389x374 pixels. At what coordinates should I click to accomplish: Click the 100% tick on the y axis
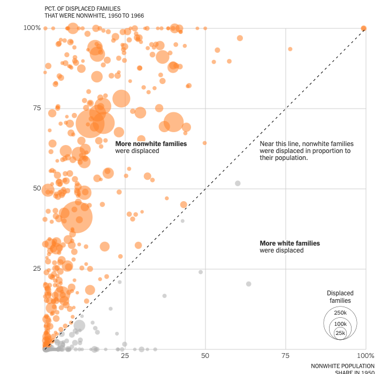point(32,28)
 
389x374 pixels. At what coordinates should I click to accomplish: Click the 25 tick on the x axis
point(125,356)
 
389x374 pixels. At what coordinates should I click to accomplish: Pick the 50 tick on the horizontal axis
point(205,356)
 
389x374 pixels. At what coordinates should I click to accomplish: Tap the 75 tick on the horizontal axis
point(285,356)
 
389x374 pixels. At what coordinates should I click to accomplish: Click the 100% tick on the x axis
point(365,356)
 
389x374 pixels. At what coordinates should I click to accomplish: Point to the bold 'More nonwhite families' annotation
point(151,144)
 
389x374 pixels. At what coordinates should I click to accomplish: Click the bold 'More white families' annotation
point(289,243)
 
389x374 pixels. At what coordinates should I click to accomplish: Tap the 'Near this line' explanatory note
point(306,151)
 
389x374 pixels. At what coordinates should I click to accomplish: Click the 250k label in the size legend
point(340,313)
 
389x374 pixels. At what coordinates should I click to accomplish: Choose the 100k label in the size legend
point(340,324)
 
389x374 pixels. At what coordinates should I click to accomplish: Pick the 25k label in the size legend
point(340,333)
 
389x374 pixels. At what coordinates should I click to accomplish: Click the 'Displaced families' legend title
point(340,297)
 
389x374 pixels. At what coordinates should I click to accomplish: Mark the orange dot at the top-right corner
point(364,28)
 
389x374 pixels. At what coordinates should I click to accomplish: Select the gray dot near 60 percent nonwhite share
point(238,184)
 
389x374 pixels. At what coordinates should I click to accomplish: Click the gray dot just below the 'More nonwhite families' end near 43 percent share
point(182,221)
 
